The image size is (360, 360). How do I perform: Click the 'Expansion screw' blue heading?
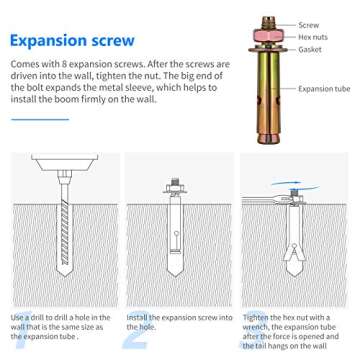point(72,41)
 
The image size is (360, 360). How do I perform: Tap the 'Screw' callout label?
point(309,25)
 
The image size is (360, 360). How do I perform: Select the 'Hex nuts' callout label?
point(313,37)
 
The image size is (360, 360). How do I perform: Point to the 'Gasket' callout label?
point(310,50)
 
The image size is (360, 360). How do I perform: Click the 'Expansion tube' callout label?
point(324,89)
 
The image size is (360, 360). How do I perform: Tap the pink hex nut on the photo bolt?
point(268,35)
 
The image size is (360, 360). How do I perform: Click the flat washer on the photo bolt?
point(268,50)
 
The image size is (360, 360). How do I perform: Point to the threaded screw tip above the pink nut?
point(268,23)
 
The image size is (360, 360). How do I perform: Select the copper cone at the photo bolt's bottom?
point(268,137)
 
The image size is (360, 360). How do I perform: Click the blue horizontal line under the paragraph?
point(40,119)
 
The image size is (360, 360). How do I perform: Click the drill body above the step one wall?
point(65,162)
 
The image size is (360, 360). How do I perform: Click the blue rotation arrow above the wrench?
point(286,183)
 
